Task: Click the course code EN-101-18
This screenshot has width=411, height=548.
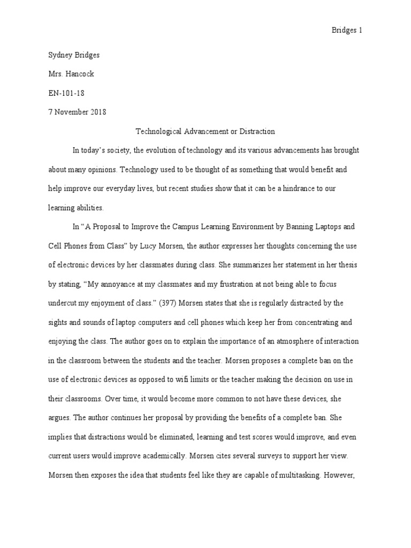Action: click(66, 94)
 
